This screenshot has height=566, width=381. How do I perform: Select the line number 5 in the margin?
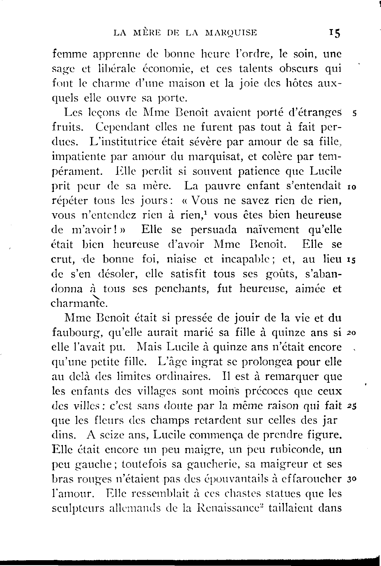[354, 114]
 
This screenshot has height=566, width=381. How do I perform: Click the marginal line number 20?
[352, 333]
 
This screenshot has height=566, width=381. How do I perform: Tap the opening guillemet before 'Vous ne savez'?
[185, 201]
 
